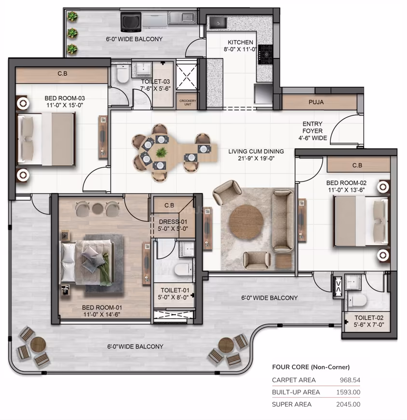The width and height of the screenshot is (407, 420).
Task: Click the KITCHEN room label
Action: point(240,42)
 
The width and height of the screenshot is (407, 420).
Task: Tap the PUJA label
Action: point(316,102)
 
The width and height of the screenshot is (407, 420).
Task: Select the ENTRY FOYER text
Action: point(312,127)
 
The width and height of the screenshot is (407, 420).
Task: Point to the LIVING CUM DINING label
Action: point(256,151)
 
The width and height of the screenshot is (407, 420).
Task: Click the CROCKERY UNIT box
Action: point(188,102)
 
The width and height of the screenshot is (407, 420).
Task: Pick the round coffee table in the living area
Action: point(246,222)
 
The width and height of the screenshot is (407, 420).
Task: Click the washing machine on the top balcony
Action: point(131,21)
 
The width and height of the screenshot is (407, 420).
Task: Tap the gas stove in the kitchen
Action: point(266,55)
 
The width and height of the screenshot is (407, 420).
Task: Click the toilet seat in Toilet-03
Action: point(123,74)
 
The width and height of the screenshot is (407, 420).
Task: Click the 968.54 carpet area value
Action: point(350,380)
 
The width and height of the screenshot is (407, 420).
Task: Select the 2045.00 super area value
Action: point(348,404)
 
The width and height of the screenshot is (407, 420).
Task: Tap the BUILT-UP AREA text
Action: point(296,392)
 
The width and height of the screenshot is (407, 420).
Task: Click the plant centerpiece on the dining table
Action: point(161,153)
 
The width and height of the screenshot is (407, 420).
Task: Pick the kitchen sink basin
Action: point(218,23)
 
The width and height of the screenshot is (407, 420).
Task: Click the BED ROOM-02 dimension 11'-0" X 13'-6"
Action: point(347,190)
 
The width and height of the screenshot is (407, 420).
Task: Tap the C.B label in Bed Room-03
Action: point(62,73)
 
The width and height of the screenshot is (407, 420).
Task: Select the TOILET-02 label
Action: point(369,318)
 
